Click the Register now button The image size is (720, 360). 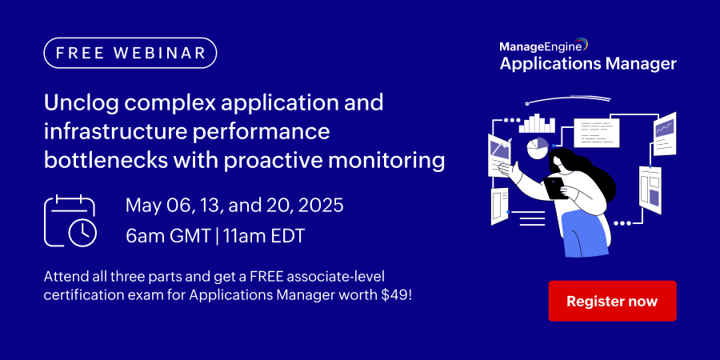pyautogui.click(x=612, y=301)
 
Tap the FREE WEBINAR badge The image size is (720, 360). pyautogui.click(x=130, y=53)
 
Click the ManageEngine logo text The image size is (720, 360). pyautogui.click(x=540, y=46)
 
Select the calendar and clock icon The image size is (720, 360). pyautogui.click(x=70, y=221)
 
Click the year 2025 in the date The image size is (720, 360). pyautogui.click(x=320, y=206)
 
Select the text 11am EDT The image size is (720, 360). pyautogui.click(x=264, y=236)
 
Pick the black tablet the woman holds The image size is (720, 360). pyautogui.click(x=554, y=188)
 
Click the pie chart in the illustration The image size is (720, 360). pyautogui.click(x=538, y=148)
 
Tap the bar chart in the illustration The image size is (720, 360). pyautogui.click(x=537, y=123)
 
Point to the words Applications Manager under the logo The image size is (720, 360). pyautogui.click(x=588, y=63)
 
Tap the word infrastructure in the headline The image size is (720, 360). pyautogui.click(x=115, y=132)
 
